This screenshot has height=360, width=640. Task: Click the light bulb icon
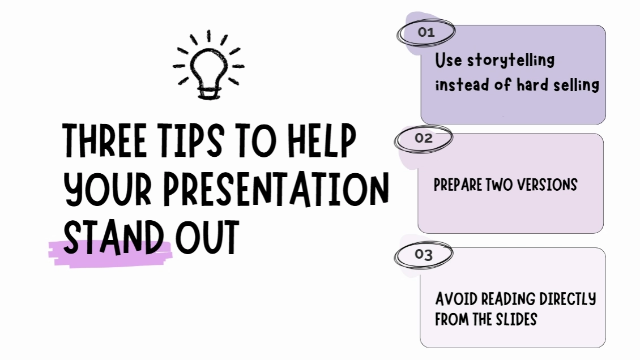pyautogui.click(x=208, y=65)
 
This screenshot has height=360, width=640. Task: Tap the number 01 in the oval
pyautogui.click(x=426, y=32)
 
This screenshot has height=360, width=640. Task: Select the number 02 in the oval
pyautogui.click(x=423, y=138)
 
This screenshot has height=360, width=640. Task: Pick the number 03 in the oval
pyautogui.click(x=423, y=255)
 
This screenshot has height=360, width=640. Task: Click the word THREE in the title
pyautogui.click(x=104, y=140)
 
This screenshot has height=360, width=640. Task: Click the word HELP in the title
pyautogui.click(x=322, y=140)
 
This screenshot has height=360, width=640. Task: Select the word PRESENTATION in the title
pyautogui.click(x=276, y=189)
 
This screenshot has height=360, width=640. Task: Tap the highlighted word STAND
pyautogui.click(x=113, y=238)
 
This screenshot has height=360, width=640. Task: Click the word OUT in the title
pyautogui.click(x=207, y=238)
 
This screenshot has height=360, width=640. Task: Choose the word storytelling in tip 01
pyautogui.click(x=511, y=61)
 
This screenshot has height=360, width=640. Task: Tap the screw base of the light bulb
pyautogui.click(x=210, y=93)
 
